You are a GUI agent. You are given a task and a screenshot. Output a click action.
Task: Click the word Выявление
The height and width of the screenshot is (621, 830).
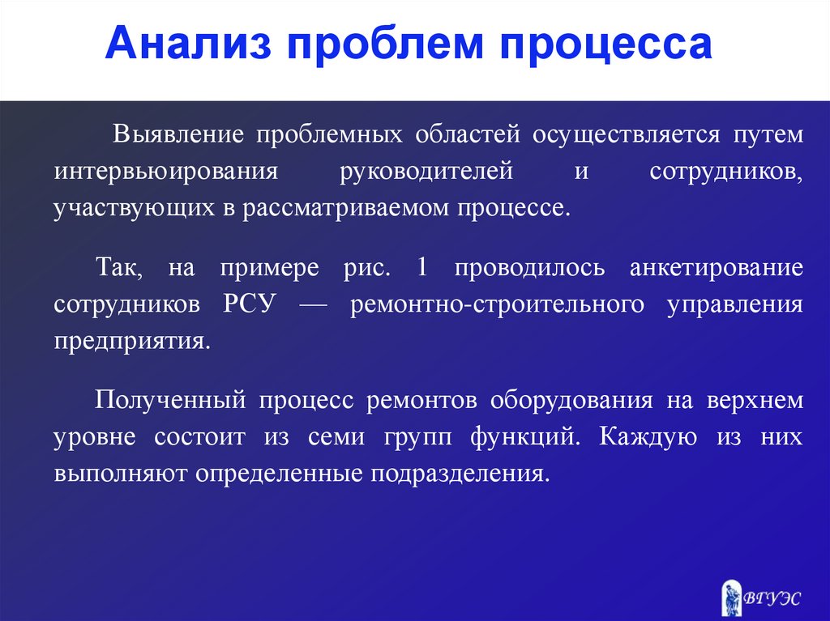click(178, 134)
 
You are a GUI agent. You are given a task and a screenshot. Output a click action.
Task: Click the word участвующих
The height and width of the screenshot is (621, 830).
click(135, 208)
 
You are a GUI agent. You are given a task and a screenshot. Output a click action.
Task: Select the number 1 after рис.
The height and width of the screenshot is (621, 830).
click(421, 266)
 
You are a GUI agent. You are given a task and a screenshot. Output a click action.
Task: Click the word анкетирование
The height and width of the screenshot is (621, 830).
click(717, 268)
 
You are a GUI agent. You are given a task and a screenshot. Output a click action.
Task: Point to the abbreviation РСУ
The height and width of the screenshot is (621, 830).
click(250, 304)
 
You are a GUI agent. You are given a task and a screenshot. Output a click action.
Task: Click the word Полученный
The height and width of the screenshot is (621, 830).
click(170, 401)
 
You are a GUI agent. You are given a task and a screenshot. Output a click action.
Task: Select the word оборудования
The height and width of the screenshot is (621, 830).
click(571, 401)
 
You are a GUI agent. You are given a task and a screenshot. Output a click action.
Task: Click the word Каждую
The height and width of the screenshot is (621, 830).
click(648, 437)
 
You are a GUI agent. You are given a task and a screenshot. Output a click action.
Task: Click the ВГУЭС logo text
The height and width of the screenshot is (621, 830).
click(772, 598)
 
